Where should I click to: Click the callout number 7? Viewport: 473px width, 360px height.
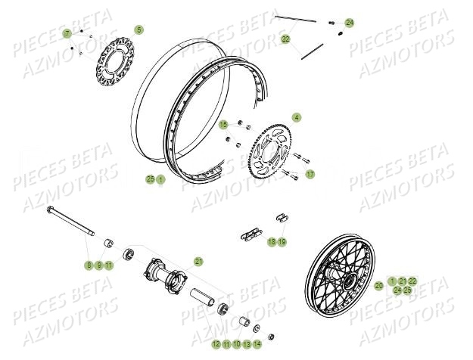67,34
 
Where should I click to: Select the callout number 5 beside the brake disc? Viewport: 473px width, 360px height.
138,29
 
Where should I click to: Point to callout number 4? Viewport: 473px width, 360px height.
297,117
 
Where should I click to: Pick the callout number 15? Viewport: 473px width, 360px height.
223,124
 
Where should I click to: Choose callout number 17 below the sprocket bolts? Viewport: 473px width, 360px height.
310,175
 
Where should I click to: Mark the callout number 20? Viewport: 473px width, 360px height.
378,285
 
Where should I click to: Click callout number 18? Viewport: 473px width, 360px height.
271,241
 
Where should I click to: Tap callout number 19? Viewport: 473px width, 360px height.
282,241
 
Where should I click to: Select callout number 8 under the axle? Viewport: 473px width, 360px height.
89,265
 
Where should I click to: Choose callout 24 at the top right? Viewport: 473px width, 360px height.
350,23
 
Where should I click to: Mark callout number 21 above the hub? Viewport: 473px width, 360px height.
199,261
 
